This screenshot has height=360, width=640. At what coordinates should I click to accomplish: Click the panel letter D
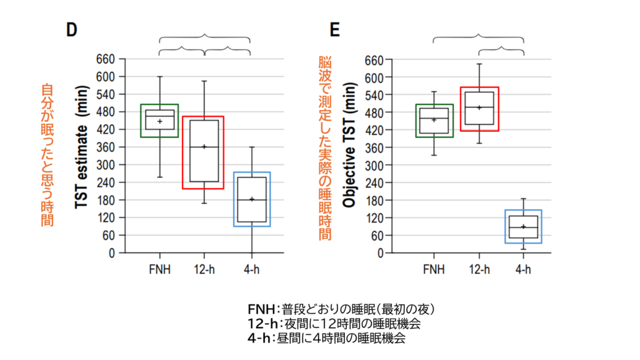(x=71, y=31)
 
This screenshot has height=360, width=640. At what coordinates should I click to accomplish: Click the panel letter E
(x=334, y=31)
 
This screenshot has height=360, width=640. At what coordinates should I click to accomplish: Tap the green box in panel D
(x=159, y=121)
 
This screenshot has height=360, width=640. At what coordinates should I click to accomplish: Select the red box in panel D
(x=202, y=152)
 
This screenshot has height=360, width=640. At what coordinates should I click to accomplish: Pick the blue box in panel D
(x=252, y=199)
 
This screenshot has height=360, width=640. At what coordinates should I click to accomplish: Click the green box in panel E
(x=434, y=121)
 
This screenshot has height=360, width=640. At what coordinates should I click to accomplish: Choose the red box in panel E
(x=479, y=109)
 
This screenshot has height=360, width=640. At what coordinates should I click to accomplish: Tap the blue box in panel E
(x=523, y=226)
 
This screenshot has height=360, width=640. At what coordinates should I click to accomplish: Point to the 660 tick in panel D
(x=106, y=59)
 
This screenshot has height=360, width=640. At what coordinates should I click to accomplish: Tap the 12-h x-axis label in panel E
(x=480, y=269)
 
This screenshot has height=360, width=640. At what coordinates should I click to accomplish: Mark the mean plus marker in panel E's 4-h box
(x=523, y=227)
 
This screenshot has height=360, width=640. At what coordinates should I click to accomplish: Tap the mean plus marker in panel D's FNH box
(x=159, y=121)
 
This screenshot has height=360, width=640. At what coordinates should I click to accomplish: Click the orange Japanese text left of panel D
(x=47, y=155)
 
